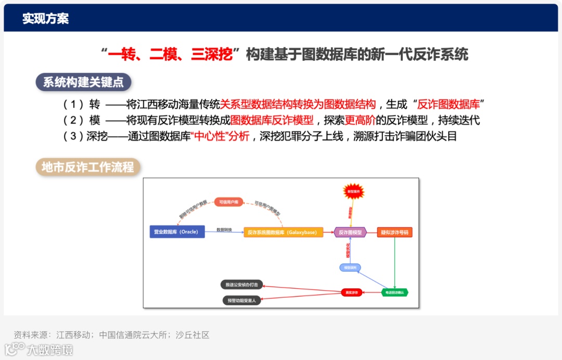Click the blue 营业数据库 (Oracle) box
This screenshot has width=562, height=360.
(176, 232)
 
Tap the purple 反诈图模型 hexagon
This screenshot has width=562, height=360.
(350, 232)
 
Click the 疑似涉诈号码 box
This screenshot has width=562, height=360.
(394, 232)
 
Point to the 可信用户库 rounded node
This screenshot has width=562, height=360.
(228, 202)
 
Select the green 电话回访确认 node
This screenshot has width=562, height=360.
(394, 292)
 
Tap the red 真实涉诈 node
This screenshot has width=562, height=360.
(351, 292)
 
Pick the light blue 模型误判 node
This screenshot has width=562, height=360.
(350, 267)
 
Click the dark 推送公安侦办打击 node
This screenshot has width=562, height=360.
(241, 285)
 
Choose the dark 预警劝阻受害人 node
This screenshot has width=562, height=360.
(241, 300)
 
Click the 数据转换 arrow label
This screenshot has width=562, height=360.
(224, 229)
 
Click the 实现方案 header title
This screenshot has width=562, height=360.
(45, 19)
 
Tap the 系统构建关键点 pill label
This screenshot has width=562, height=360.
(83, 82)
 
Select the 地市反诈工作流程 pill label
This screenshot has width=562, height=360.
(88, 167)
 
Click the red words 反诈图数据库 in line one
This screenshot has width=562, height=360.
(449, 104)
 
